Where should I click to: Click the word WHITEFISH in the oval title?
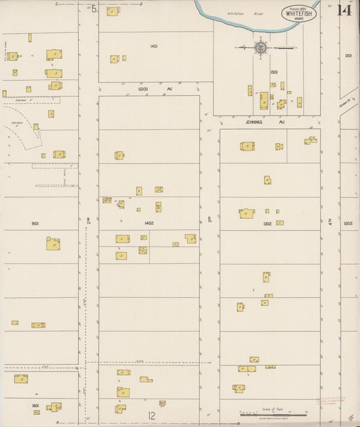point(298,13)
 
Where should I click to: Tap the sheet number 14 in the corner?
point(344,11)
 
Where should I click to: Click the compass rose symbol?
point(261,47)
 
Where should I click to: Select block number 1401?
point(154,46)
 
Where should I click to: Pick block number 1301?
point(274,72)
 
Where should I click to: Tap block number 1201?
point(348,56)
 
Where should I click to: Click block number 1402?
point(149,222)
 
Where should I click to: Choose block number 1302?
point(267,222)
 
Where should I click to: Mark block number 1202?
point(348,222)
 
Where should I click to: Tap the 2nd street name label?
point(88,220)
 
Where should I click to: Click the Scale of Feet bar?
point(272,413)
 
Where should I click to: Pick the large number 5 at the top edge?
point(95,9)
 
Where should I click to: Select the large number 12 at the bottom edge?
point(153,416)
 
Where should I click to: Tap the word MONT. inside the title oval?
point(298,19)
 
